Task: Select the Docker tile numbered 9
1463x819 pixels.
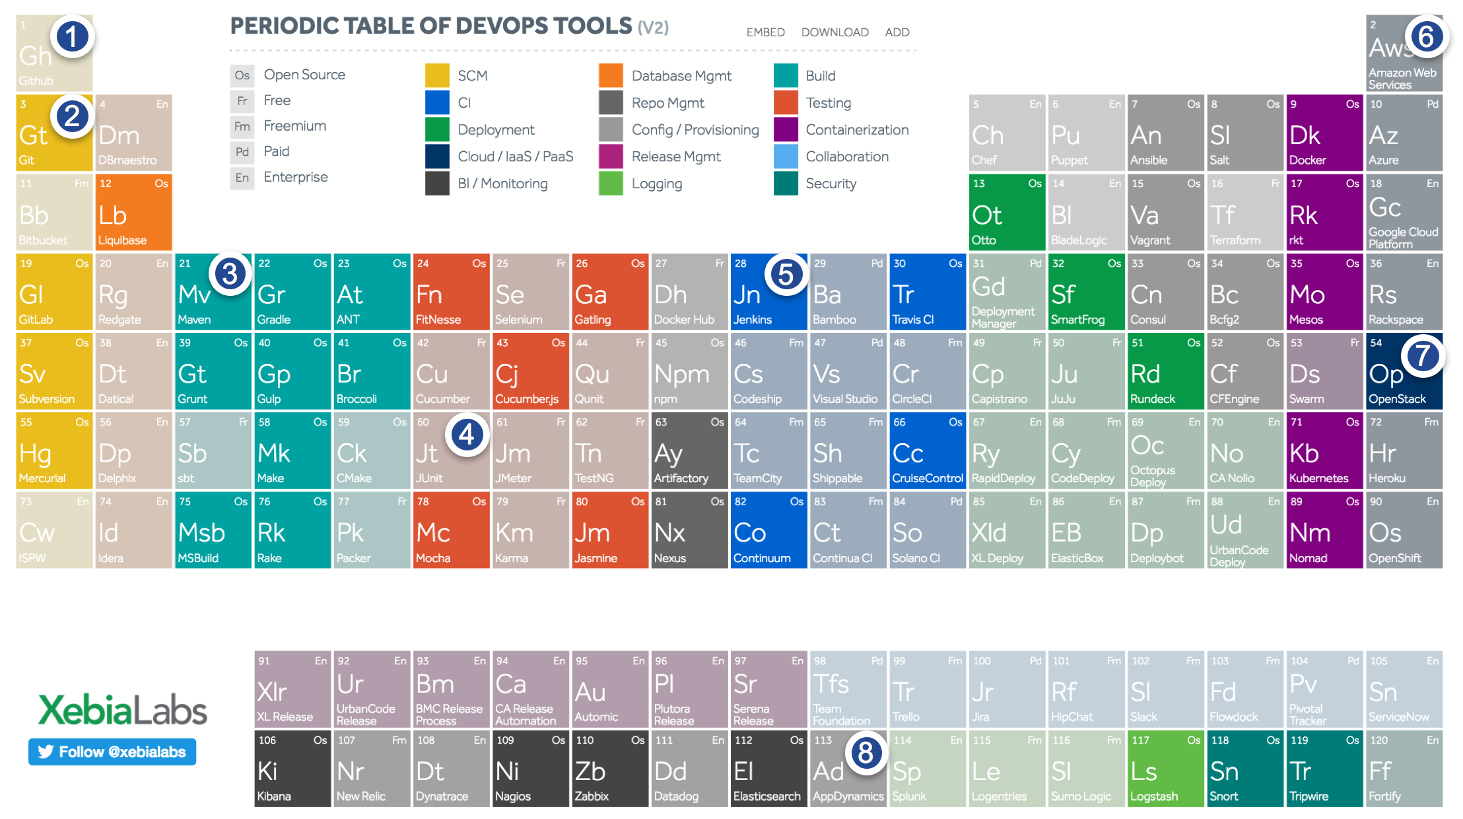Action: pyautogui.click(x=1324, y=133)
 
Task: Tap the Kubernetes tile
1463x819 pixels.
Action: pyautogui.click(x=1324, y=450)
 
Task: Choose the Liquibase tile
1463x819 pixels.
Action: pyautogui.click(x=133, y=212)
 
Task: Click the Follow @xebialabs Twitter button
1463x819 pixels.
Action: pyautogui.click(x=112, y=752)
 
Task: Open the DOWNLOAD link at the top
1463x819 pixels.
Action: pyautogui.click(x=834, y=32)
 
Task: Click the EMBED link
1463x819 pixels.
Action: pyautogui.click(x=765, y=32)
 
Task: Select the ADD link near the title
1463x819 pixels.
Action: pyautogui.click(x=897, y=32)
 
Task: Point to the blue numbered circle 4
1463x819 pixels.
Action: pyautogui.click(x=467, y=435)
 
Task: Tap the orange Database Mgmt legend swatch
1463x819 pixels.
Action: pyautogui.click(x=611, y=75)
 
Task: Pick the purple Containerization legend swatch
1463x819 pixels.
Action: pyautogui.click(x=786, y=129)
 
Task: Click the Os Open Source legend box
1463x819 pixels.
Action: pyautogui.click(x=242, y=75)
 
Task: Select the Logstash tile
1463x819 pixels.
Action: pyautogui.click(x=1165, y=768)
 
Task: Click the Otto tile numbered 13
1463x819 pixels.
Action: pyautogui.click(x=1006, y=212)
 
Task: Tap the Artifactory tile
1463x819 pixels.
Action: pyautogui.click(x=689, y=450)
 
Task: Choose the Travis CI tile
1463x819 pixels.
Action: pyautogui.click(x=927, y=291)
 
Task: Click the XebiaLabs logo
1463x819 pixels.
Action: pyautogui.click(x=123, y=710)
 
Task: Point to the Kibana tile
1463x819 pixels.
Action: pyautogui.click(x=292, y=768)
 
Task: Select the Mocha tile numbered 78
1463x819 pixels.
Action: pyautogui.click(x=451, y=530)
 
